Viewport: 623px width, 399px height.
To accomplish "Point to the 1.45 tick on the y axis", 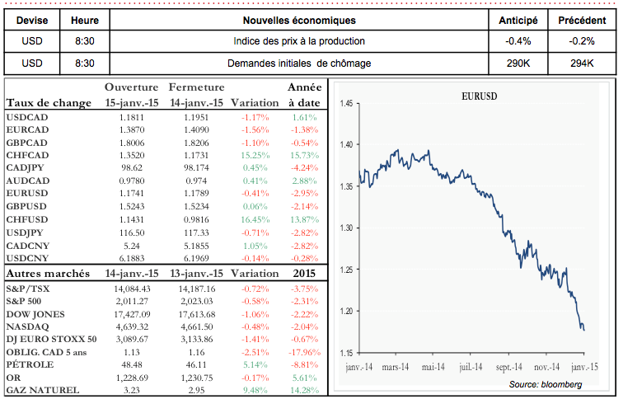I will pyautogui.click(x=345, y=104).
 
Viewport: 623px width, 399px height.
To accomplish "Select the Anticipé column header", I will pyautogui.click(x=519, y=20).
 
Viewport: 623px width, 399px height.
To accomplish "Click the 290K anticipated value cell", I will pyautogui.click(x=519, y=63).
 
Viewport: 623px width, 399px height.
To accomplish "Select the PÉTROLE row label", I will pyautogui.click(x=30, y=364).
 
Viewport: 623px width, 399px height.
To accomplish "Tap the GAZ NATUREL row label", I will pyautogui.click(x=43, y=390).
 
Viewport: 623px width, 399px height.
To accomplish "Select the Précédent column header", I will pyautogui.click(x=581, y=20).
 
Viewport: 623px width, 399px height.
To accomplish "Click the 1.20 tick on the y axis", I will pyautogui.click(x=345, y=311).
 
